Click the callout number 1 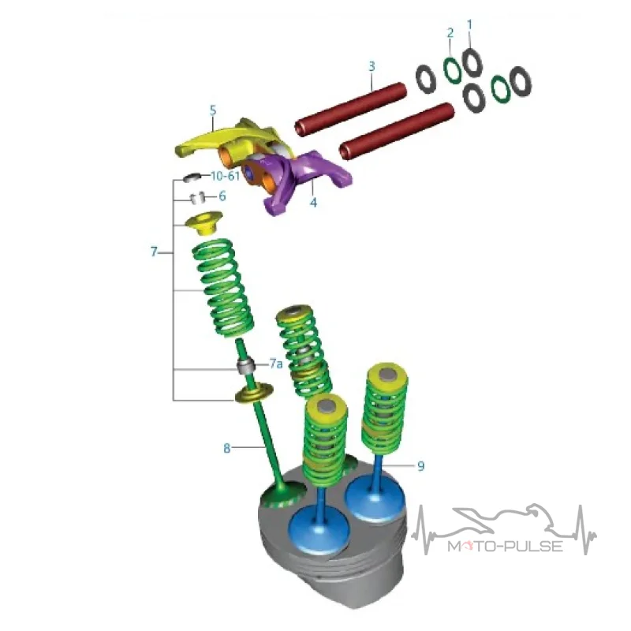coord(469,25)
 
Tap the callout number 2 coord(450,33)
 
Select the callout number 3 coord(372,66)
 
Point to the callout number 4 coord(313,202)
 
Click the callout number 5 coord(213,110)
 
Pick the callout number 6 coord(222,196)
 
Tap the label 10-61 coord(226,176)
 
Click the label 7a coord(276,364)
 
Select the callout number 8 coord(227,448)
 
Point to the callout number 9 coord(420,466)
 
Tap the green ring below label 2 coord(453,70)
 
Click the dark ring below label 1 coord(472,62)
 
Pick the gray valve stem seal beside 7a coord(246,365)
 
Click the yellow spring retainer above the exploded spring coord(203,223)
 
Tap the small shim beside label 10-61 coord(192,177)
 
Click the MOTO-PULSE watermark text coord(505,546)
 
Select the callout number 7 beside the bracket coord(154,252)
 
